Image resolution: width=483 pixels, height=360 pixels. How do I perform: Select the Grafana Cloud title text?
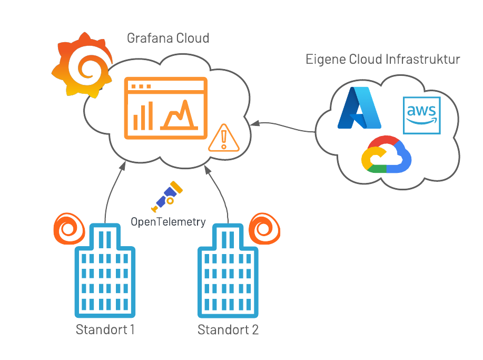coord(168,38)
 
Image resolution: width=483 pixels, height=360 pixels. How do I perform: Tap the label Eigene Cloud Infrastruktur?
coord(383,59)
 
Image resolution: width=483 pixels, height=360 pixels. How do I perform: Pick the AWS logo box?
coord(421,115)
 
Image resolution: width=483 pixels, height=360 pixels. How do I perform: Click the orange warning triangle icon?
coord(224,138)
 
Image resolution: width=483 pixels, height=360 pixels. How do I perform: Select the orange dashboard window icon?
coord(165,108)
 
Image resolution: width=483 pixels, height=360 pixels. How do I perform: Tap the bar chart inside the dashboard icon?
coord(143,115)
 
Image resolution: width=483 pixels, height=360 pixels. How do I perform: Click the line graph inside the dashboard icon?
coord(179,115)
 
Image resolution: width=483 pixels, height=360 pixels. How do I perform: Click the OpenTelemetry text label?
coord(168,222)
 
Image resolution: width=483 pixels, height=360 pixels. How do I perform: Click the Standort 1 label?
coord(105,330)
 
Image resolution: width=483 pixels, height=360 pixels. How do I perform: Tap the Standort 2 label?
coord(228,330)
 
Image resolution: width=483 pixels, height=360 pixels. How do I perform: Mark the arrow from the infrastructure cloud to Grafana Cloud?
coord(284,126)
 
